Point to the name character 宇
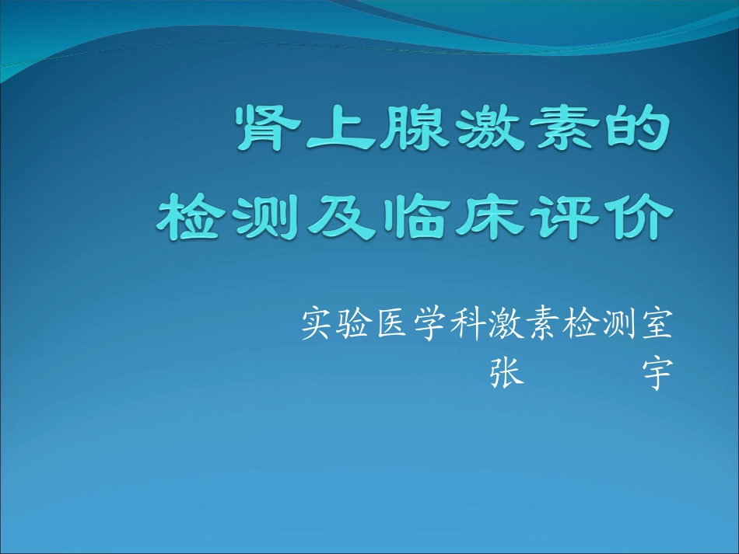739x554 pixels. coord(656,374)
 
